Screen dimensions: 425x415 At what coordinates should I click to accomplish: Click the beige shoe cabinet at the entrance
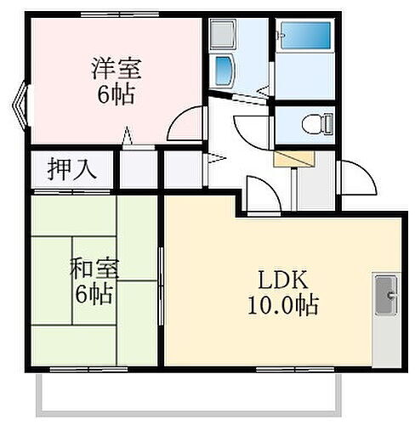[294, 157]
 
